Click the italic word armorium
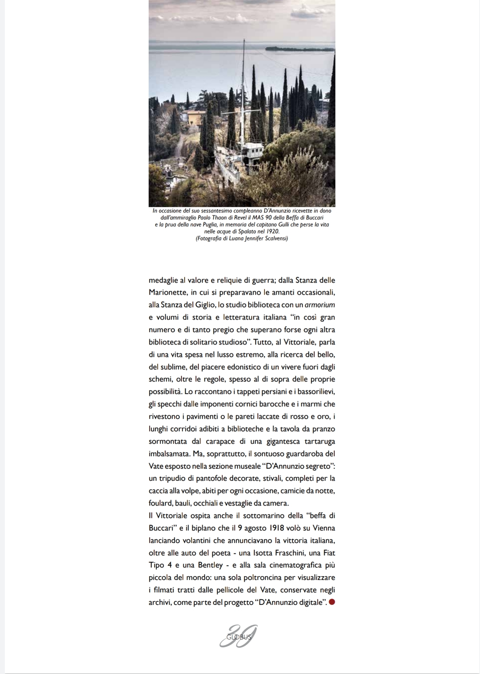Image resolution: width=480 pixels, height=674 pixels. pos(320,305)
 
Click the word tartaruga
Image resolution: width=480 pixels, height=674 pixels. pos(320,442)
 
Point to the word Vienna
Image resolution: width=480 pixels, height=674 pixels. pos(324,528)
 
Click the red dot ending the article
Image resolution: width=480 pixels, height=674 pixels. pos(332,602)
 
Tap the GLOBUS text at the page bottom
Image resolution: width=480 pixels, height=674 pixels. pos(239,637)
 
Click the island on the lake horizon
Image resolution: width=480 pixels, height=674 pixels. pos(297,49)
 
